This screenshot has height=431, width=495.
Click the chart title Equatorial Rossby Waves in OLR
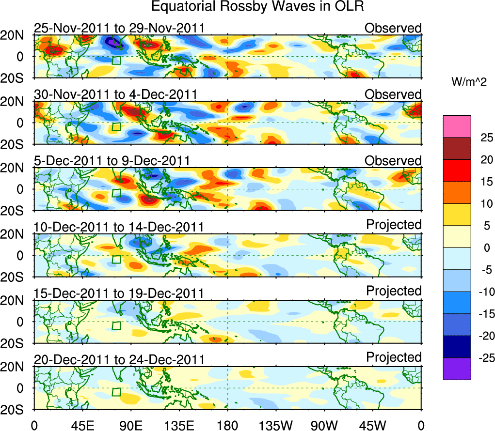[x=257, y=7]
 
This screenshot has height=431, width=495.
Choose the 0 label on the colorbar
[x=485, y=247]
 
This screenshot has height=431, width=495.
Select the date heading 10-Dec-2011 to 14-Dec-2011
[x=119, y=227]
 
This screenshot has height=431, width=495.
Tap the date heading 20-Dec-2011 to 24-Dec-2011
[x=119, y=360]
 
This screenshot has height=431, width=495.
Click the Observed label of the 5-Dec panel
[x=393, y=161]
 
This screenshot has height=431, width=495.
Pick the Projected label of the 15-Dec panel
[x=394, y=291]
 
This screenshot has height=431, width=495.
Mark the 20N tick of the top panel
[x=16, y=35]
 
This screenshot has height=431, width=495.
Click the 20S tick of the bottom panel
[x=16, y=409]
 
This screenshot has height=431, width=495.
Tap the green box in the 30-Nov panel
[x=116, y=126]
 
